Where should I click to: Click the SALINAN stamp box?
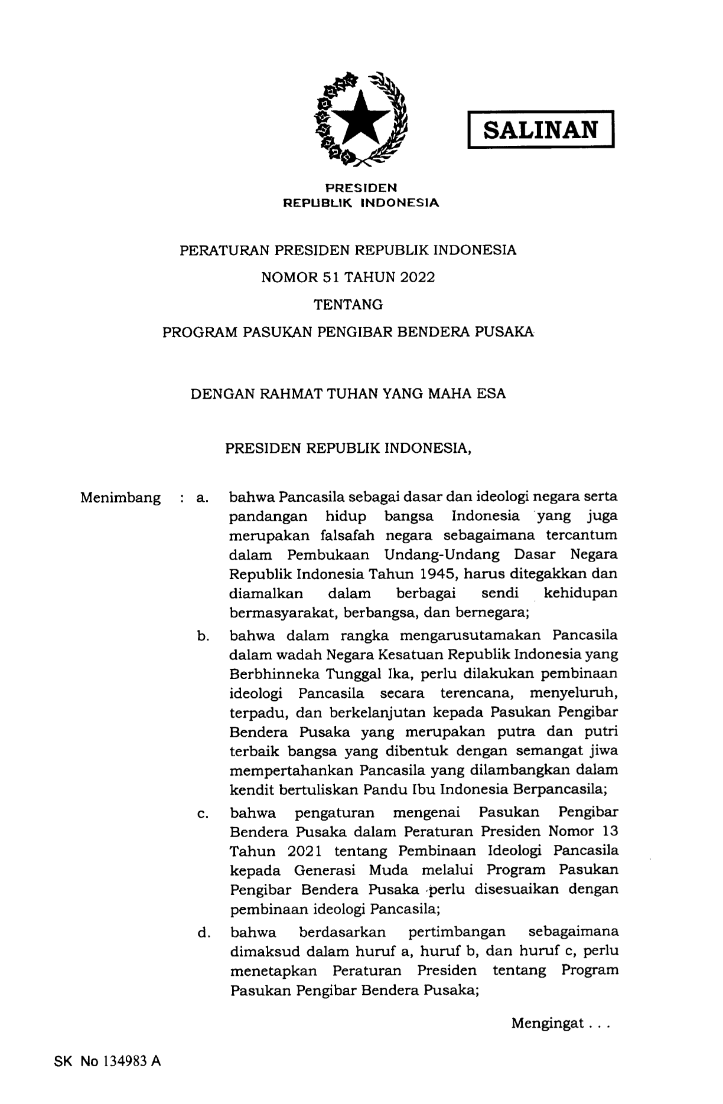tap(540, 130)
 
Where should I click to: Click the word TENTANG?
tap(348, 305)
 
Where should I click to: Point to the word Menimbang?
tap(120, 498)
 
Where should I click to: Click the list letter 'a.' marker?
tap(203, 498)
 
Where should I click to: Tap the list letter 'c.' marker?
tap(203, 814)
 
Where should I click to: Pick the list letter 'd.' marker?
tap(204, 933)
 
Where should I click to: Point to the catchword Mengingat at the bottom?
tap(548, 1023)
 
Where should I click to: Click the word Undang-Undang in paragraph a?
tap(441, 555)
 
